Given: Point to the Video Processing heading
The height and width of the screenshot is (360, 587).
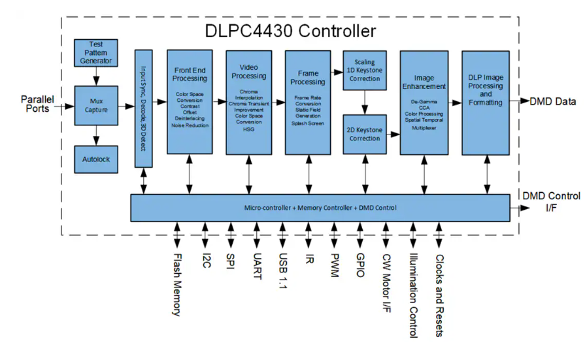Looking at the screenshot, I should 249,72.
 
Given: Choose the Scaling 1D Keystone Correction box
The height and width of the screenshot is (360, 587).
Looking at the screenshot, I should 364,71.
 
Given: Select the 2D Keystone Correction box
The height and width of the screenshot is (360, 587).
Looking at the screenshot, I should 364,134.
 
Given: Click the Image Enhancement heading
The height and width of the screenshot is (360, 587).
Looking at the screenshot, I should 424,82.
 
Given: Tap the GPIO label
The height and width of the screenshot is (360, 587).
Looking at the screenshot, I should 360,266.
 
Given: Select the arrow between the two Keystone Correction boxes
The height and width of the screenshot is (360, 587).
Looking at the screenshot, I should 364,101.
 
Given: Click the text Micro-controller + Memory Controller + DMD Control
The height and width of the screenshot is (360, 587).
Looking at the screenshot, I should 321,208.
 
